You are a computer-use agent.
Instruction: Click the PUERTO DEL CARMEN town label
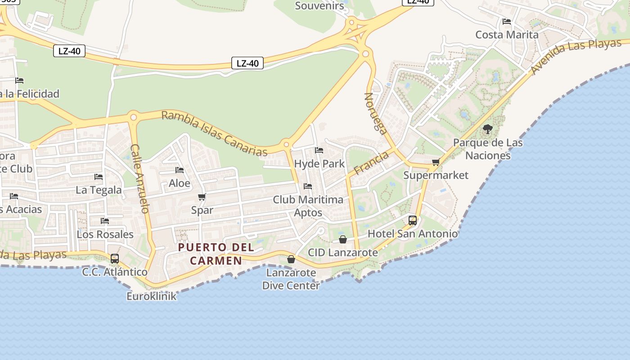tap(216, 254)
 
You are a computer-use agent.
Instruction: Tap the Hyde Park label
tap(319, 164)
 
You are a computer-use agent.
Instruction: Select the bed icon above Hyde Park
tap(319, 150)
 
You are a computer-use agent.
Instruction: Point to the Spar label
tap(202, 210)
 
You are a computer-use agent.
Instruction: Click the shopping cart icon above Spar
tap(202, 197)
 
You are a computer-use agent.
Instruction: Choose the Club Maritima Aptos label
tap(308, 206)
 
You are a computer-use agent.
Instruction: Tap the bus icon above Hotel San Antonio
tap(413, 220)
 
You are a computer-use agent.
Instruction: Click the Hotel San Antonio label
tap(413, 234)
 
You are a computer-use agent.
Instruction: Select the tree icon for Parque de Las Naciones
tap(487, 130)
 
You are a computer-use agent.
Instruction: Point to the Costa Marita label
tap(507, 35)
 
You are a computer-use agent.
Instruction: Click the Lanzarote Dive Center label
tap(291, 279)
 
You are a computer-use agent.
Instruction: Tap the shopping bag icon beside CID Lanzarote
tap(343, 239)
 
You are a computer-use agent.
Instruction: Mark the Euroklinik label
tap(152, 297)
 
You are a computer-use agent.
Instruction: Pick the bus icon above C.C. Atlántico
tap(115, 259)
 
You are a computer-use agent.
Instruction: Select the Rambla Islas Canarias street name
tap(214, 134)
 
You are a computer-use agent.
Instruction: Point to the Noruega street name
tap(375, 114)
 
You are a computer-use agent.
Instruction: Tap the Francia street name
tap(371, 163)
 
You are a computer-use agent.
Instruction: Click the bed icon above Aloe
tap(180, 170)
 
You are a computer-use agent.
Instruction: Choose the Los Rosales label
tap(105, 234)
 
